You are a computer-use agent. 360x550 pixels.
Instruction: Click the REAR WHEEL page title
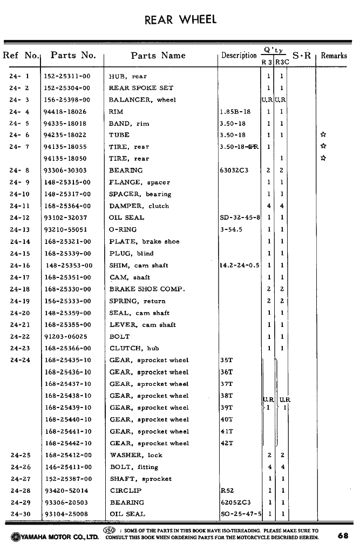[x=181, y=20]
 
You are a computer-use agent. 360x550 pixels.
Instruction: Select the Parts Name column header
[x=158, y=56]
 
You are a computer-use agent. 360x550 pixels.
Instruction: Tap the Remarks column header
[x=334, y=56]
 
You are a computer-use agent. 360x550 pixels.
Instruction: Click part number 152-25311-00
[x=67, y=77]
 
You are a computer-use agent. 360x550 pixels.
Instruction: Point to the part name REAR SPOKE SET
[x=141, y=88]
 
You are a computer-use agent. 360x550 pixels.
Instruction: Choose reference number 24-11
[x=20, y=206]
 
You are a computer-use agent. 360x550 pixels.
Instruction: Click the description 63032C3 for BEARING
[x=234, y=171]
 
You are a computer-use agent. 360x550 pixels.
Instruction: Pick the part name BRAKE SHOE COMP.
[x=147, y=289]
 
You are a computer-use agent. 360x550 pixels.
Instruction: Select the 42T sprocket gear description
[x=227, y=444]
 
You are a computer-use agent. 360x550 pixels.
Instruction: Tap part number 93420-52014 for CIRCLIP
[x=66, y=491]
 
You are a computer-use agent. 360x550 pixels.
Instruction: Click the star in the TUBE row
[x=323, y=135]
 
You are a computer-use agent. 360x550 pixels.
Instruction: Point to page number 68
[x=343, y=536]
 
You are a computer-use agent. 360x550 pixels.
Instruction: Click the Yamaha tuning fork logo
[x=15, y=537]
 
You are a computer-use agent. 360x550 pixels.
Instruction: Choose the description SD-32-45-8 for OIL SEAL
[x=240, y=218]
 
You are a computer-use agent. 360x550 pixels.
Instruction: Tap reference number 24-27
[x=20, y=479]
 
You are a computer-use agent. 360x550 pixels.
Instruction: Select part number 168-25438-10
[x=68, y=396]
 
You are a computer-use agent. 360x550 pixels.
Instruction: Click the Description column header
[x=239, y=56]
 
